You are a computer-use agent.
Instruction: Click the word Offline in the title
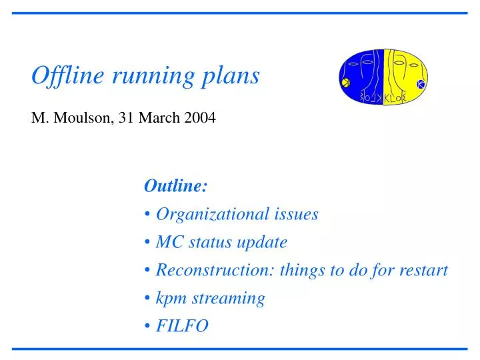pos(61,76)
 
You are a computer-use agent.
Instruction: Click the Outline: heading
pos(175,186)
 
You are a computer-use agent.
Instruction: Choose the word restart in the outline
pos(423,270)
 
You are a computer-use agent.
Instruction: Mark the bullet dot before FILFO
pos(147,327)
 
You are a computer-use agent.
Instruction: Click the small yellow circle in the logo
pos(345,83)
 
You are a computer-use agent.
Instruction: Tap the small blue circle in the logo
pos(421,84)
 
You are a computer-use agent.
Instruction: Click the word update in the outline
pos(263,242)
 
